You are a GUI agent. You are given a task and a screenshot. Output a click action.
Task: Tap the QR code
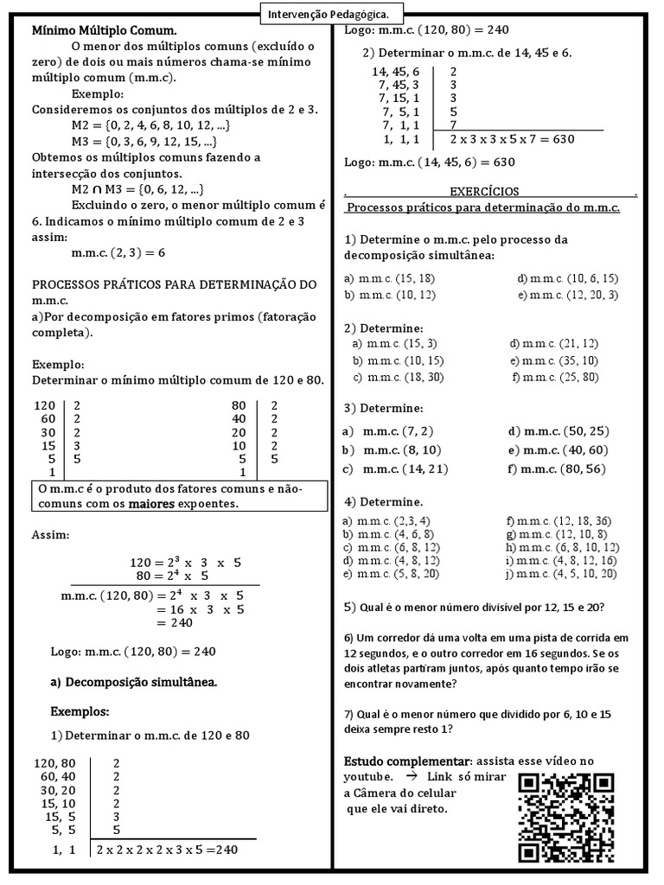(x=567, y=817)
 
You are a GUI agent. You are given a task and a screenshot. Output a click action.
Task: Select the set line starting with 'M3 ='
(x=144, y=142)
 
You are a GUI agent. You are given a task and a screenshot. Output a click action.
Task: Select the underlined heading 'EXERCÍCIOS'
(x=484, y=191)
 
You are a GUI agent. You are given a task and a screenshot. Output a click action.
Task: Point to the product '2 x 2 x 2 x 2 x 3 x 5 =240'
(x=167, y=850)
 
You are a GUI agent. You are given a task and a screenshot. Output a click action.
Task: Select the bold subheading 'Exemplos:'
(x=80, y=711)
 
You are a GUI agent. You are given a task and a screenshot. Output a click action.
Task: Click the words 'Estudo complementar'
(x=407, y=761)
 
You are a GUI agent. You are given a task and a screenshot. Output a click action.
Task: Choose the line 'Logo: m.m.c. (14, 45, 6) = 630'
(x=430, y=162)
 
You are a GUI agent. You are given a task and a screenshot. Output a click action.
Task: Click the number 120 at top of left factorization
(x=44, y=404)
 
